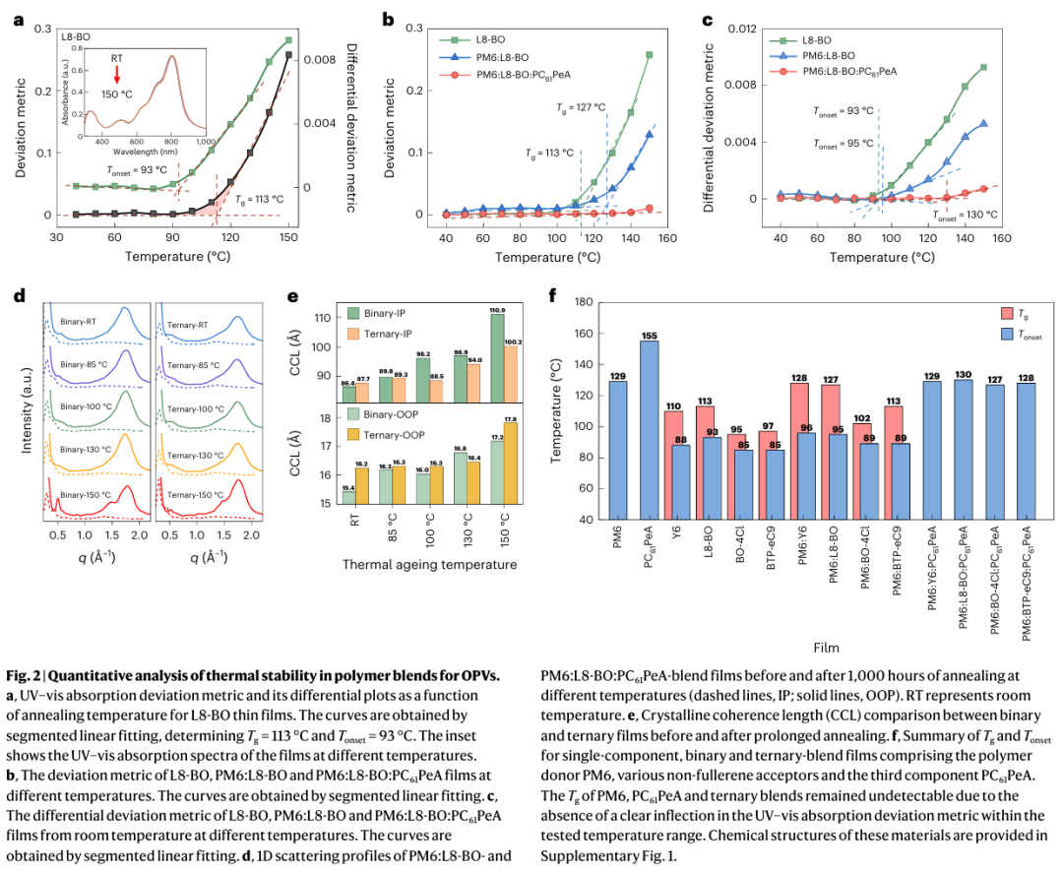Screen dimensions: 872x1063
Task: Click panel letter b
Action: point(388,18)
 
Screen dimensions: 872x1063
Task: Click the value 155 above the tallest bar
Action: point(649,335)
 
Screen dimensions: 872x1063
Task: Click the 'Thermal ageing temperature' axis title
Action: point(428,564)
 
